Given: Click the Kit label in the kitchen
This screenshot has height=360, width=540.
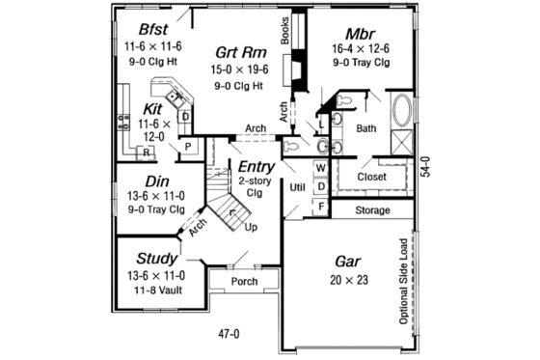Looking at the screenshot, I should click(x=152, y=108).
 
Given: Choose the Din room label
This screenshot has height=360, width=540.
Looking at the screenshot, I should click(x=157, y=180).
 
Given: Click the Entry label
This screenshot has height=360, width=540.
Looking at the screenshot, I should click(x=256, y=167).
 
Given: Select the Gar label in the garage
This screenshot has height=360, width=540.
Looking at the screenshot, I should click(x=348, y=262).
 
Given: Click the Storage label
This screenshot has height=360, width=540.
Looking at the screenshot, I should click(x=371, y=209).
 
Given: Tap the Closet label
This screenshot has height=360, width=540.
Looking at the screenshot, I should click(x=371, y=178).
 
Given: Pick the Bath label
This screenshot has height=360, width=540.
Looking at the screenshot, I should click(x=366, y=127).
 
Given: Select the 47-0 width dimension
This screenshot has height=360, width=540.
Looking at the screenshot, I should click(x=228, y=334).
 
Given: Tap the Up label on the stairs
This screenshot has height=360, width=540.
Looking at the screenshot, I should click(x=252, y=228).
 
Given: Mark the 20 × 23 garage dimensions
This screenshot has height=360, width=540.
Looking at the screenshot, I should click(x=348, y=280).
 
